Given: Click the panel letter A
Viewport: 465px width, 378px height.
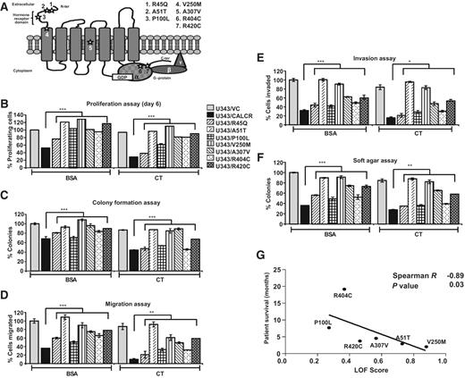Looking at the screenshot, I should pos(5,7).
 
